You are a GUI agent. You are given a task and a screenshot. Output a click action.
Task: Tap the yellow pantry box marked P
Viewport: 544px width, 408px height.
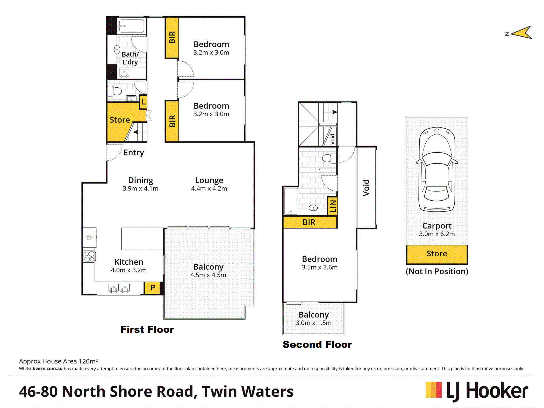point(153,288)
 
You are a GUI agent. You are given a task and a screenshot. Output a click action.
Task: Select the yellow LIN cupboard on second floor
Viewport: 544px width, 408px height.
point(332,206)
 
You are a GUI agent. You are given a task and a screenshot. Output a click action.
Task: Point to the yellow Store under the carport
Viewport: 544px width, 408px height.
point(437,254)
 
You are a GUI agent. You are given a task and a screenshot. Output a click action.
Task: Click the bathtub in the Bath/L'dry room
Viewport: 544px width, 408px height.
point(131,26)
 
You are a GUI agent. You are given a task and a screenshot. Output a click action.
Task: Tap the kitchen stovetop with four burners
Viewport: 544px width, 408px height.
point(89,257)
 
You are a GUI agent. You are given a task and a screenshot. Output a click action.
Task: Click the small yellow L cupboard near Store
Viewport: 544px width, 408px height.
point(143,102)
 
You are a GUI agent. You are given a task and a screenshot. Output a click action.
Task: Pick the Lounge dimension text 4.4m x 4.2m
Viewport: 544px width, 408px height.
point(209,189)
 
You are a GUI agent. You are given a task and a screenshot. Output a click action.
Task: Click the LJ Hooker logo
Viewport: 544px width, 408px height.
point(477,391)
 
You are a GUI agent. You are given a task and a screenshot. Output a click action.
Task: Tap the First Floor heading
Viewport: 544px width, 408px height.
point(147,329)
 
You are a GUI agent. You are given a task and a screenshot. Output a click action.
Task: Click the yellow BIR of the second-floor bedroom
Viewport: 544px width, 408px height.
point(310,222)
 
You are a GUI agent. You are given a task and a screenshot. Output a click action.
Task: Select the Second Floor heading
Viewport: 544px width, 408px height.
point(317,344)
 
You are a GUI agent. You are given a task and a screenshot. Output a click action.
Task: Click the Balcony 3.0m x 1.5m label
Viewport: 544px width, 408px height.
point(313,319)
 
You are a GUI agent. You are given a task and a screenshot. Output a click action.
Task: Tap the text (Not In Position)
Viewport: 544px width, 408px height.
point(437,271)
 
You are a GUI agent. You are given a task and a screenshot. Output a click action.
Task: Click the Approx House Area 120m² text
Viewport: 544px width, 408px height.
point(58,361)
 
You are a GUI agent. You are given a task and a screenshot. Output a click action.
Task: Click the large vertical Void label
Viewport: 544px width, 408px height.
point(366,188)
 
